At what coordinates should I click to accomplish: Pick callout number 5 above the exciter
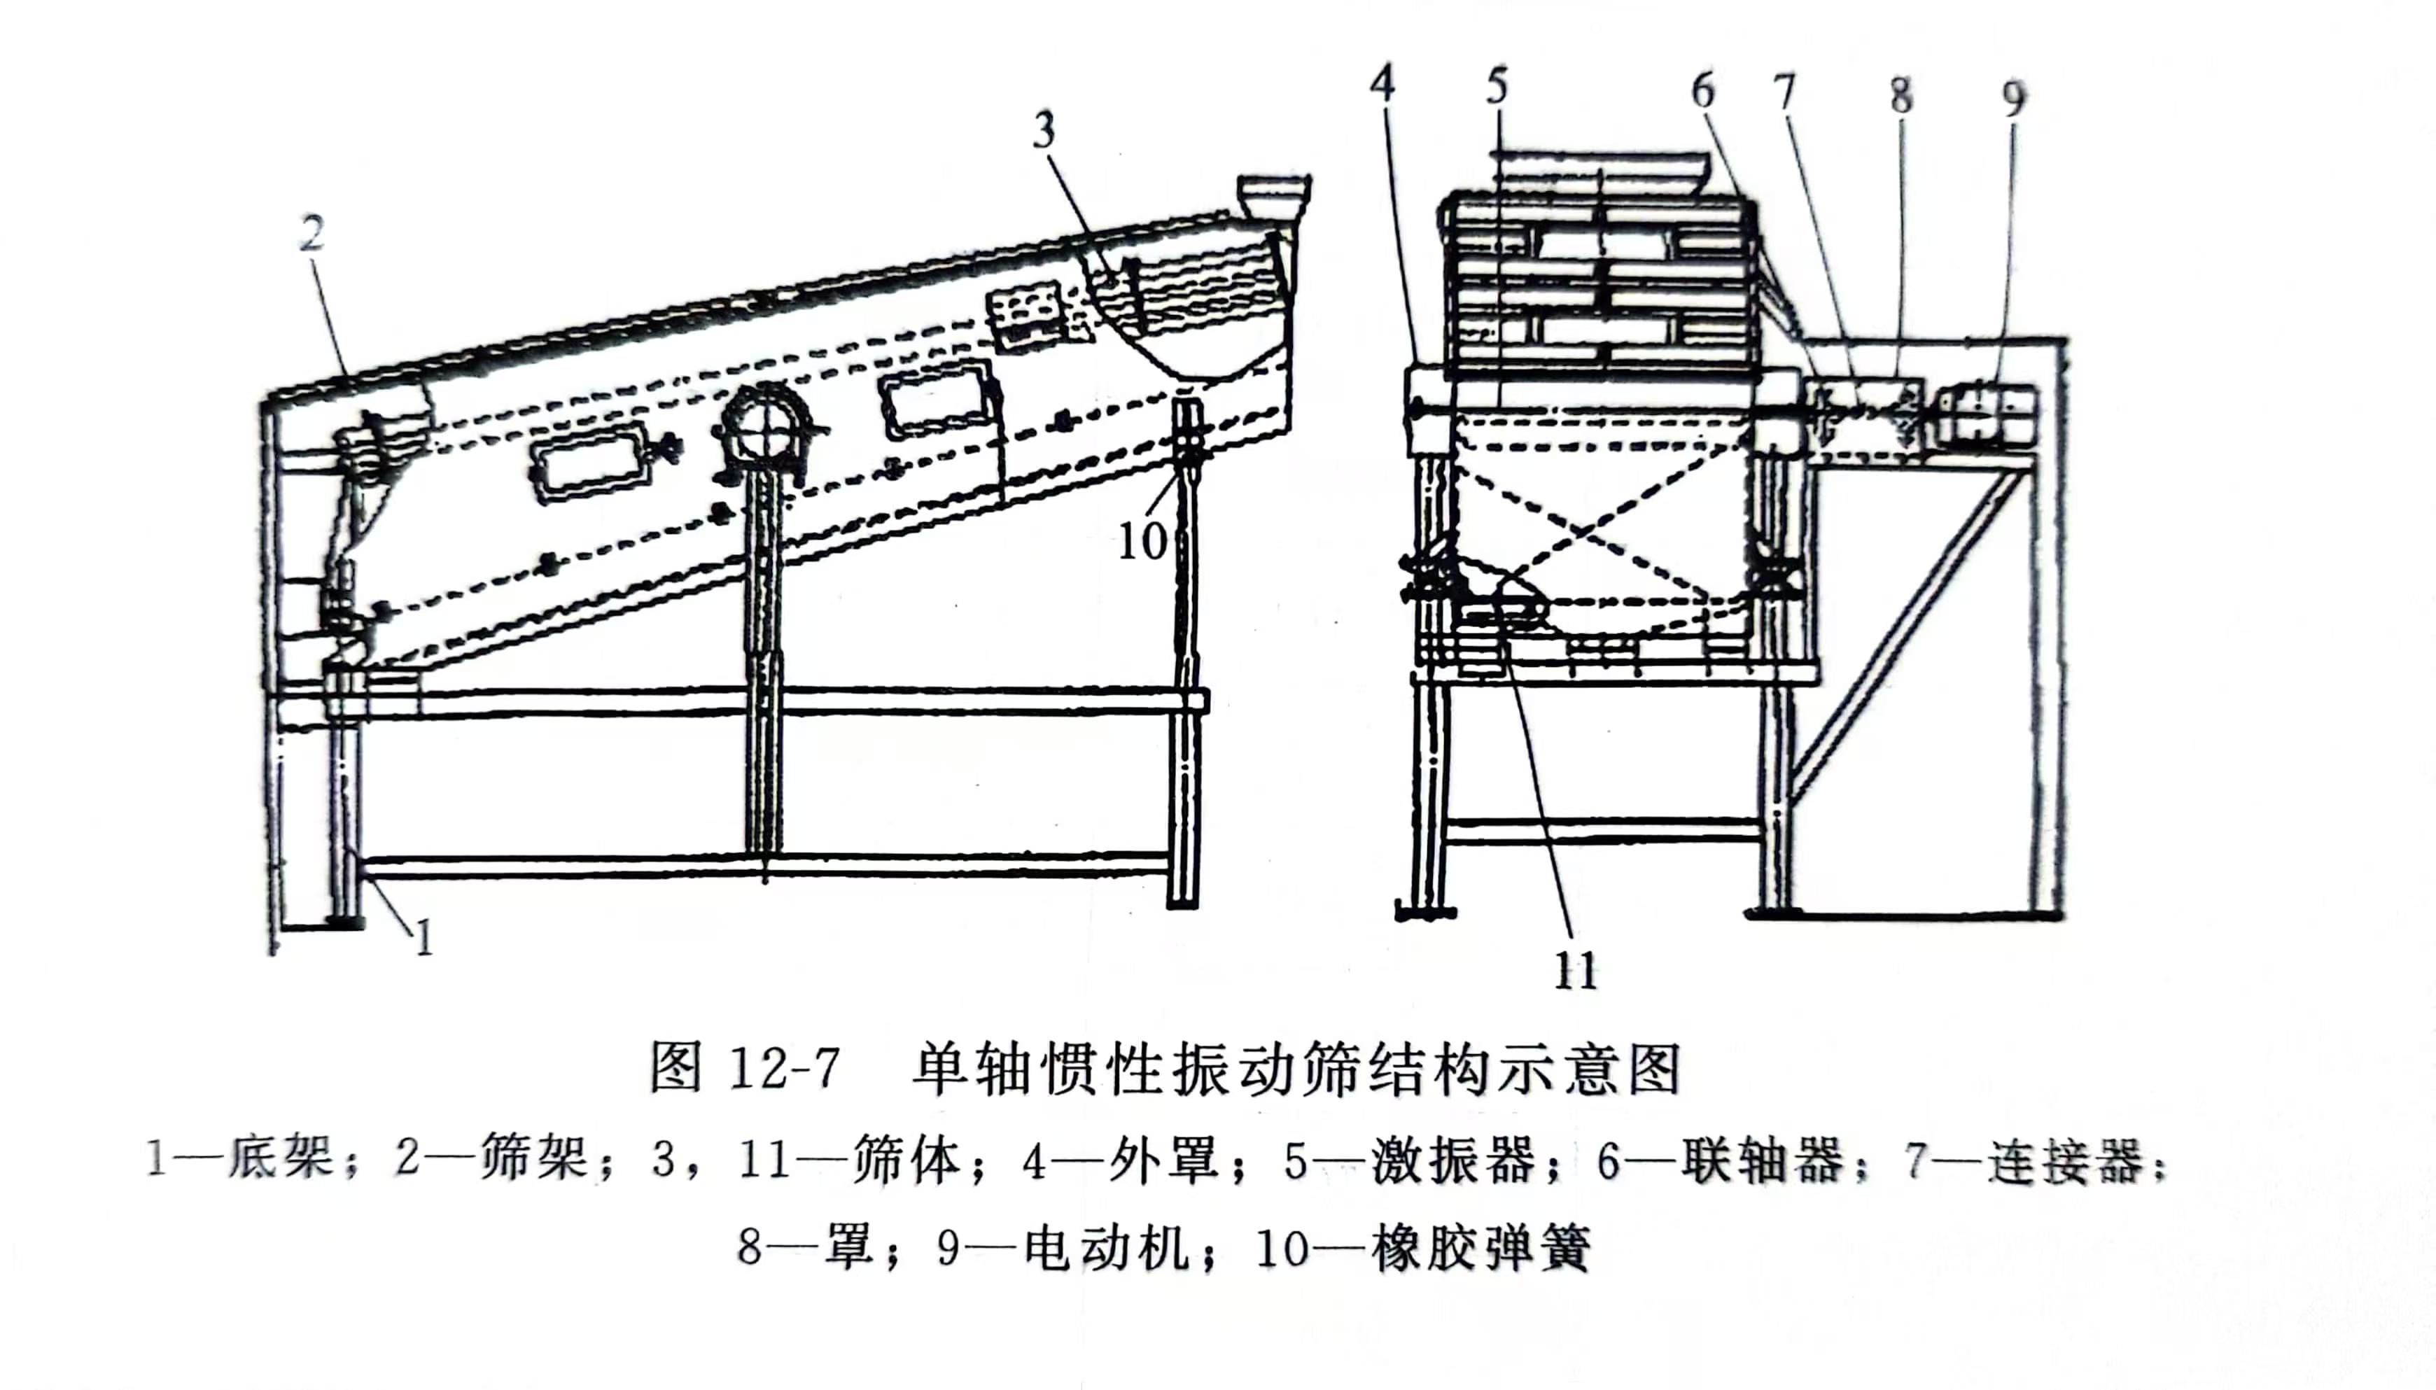point(1497,86)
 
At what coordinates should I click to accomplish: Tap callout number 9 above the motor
point(2013,98)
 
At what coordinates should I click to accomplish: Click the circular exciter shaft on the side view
point(764,435)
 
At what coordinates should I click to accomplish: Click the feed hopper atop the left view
point(1273,196)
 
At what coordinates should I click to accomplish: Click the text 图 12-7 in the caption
point(745,1068)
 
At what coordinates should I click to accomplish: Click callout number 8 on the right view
point(1900,95)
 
